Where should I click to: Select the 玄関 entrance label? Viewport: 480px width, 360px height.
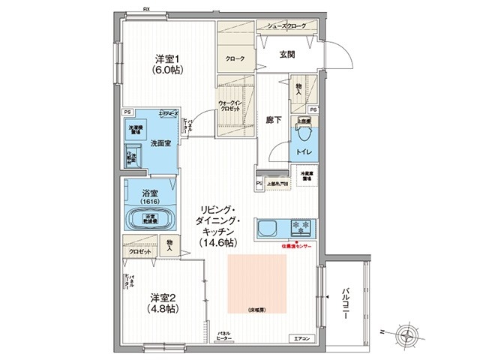(288, 54)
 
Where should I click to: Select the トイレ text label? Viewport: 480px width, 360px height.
(306, 152)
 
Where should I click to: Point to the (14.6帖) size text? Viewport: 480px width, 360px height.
(219, 243)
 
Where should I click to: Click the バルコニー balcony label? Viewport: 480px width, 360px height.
(346, 304)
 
